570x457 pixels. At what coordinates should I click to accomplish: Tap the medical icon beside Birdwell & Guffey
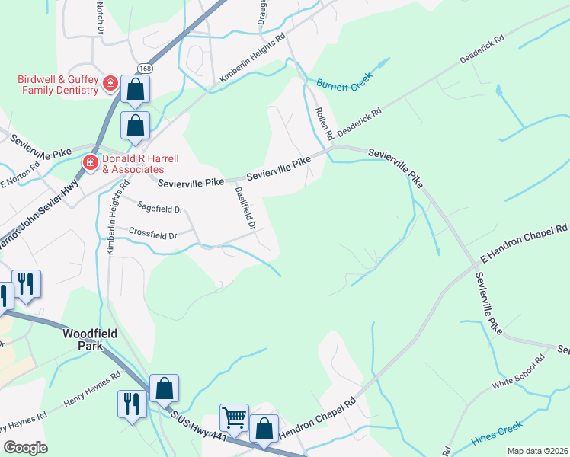110,82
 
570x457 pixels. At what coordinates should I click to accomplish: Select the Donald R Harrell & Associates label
141,163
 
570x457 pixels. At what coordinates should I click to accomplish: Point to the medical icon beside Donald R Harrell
90,162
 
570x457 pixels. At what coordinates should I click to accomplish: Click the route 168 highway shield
146,69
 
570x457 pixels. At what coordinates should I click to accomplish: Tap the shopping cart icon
234,417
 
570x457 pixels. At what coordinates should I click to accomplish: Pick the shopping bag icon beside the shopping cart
264,429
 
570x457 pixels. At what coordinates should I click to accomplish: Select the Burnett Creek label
344,86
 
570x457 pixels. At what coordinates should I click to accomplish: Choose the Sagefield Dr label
161,209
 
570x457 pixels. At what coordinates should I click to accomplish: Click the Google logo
25,448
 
